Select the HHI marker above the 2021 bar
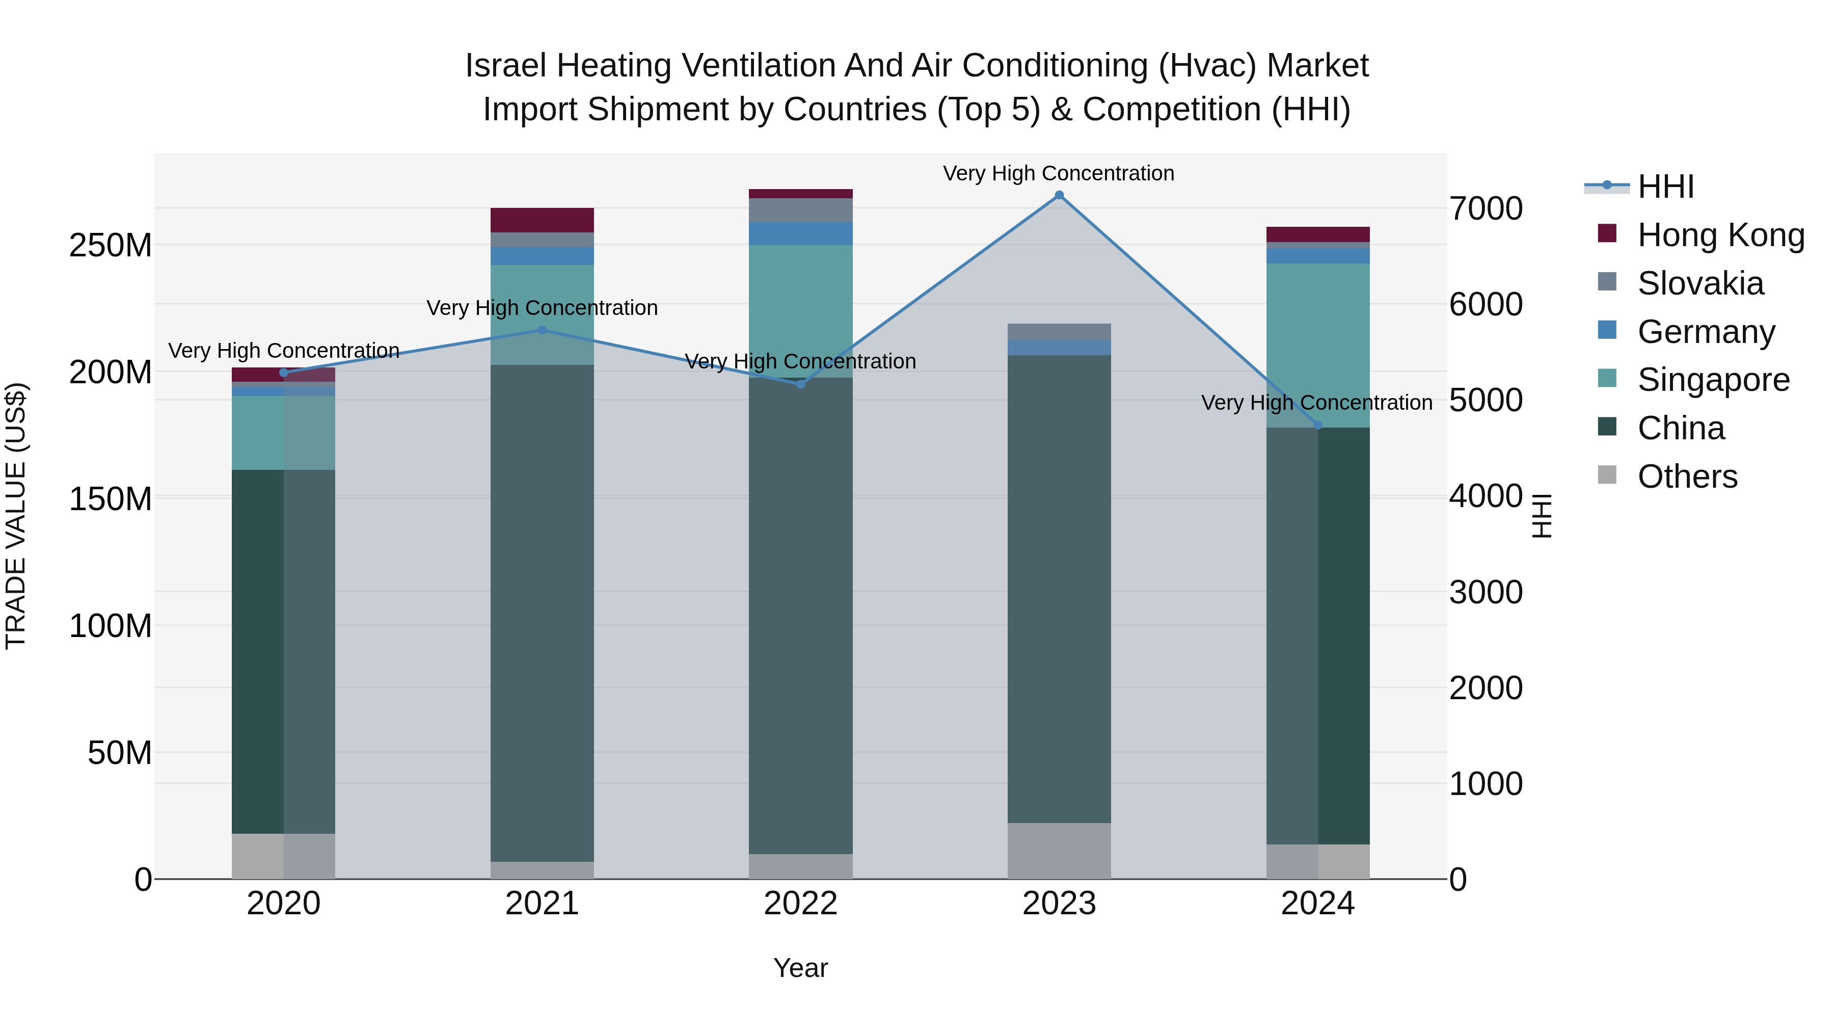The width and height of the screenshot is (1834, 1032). [x=542, y=330]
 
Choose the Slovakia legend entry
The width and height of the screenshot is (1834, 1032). [x=1700, y=283]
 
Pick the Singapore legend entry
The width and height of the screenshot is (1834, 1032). [x=1713, y=380]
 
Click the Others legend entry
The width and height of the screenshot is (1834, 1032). [x=1687, y=477]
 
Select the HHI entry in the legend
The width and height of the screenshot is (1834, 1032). [x=1665, y=187]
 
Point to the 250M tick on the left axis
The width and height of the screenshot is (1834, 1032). [x=111, y=245]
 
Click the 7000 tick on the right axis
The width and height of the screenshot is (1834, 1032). [x=1486, y=208]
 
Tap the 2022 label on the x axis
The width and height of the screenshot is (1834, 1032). [x=800, y=904]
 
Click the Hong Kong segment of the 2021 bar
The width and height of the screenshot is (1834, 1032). [x=542, y=220]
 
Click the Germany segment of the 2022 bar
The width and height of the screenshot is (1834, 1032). [x=800, y=233]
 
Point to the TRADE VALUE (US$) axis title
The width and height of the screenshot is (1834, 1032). [x=16, y=516]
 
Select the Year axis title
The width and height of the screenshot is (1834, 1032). [x=800, y=968]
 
